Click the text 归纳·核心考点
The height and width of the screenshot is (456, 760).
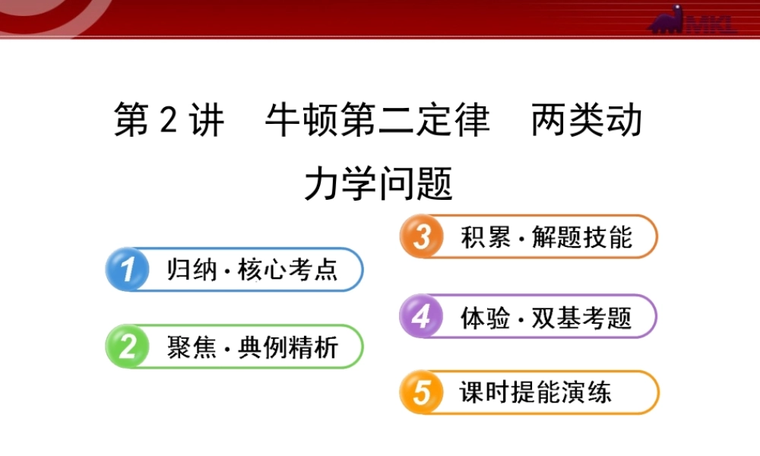252,270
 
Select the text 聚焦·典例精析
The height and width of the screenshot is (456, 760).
252,347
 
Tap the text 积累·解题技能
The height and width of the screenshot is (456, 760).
546,237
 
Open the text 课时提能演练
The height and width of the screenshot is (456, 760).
536,393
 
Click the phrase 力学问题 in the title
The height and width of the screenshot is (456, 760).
378,183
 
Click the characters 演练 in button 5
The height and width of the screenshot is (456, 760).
593,393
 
